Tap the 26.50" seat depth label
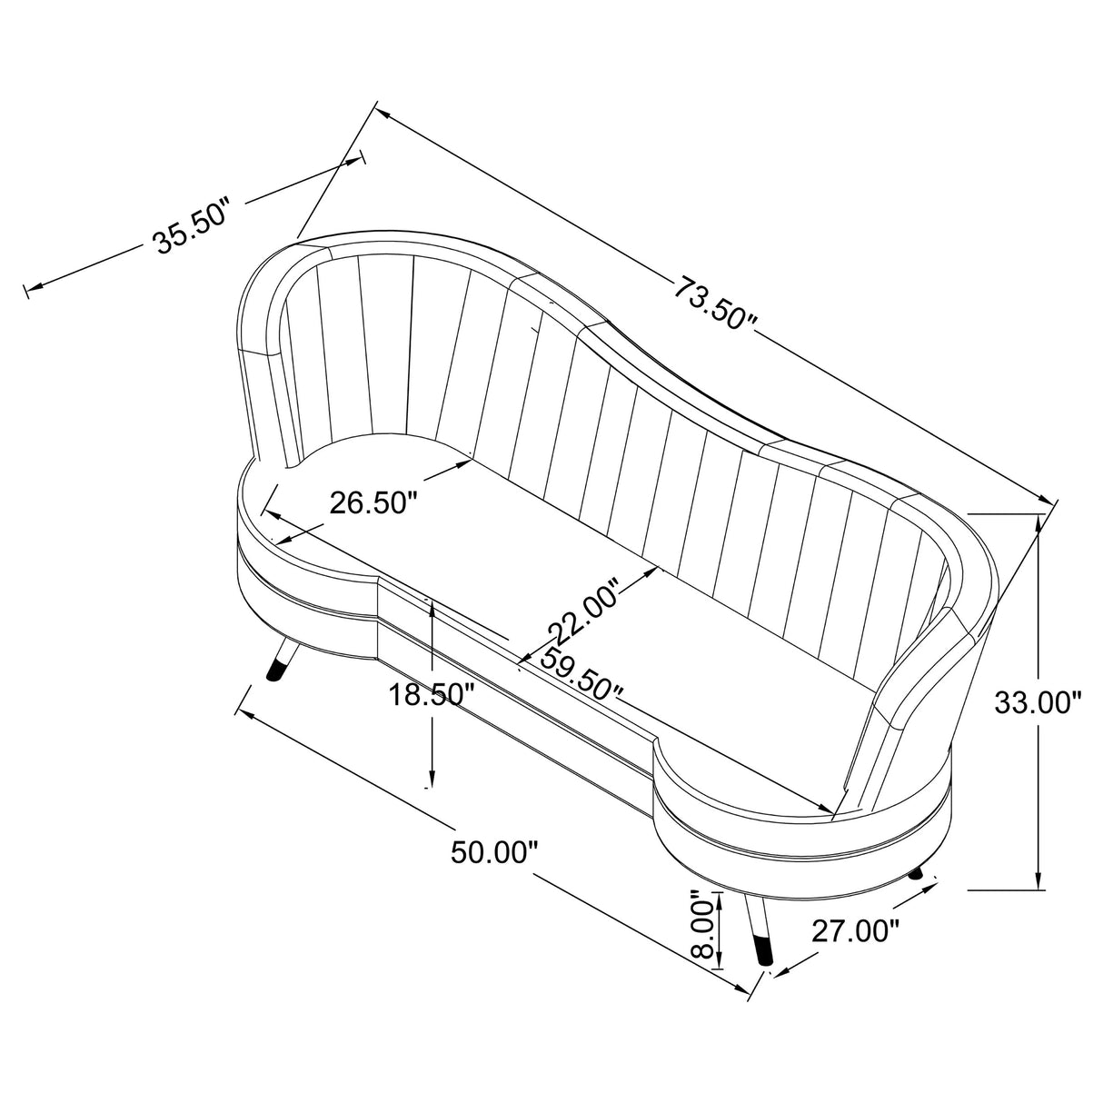click(372, 503)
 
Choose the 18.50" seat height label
click(432, 695)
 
